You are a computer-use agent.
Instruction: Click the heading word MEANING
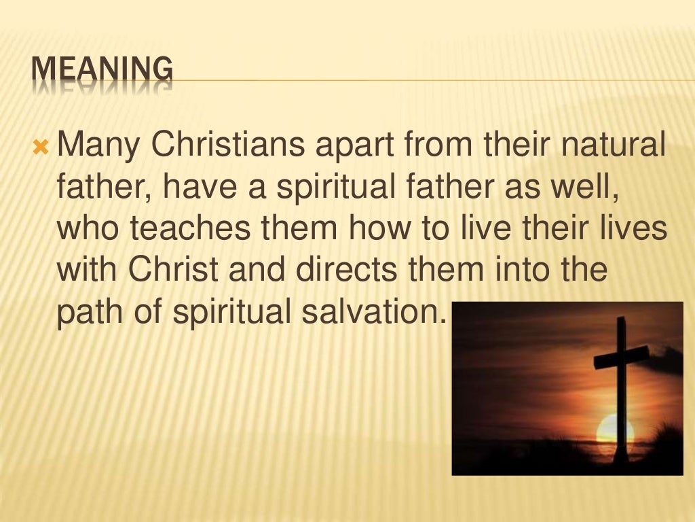(x=102, y=71)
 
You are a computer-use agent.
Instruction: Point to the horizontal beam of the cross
(x=621, y=356)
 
